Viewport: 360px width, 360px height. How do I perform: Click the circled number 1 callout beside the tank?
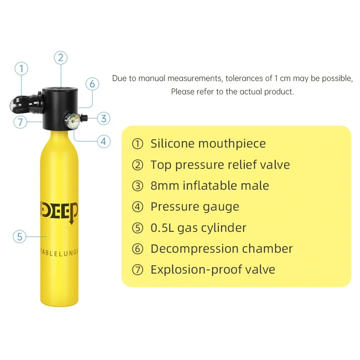pos(21,69)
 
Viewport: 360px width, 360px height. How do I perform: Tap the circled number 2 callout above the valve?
pos(61,58)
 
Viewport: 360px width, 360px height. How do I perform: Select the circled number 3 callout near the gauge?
pos(103,119)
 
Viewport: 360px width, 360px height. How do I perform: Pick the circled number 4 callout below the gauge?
pos(103,141)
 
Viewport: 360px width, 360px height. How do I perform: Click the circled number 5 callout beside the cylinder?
pos(19,236)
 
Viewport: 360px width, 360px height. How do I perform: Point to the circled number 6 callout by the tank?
pos(92,84)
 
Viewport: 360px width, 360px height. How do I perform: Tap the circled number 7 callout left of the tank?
pos(20,121)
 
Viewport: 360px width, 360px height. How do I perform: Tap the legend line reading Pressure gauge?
pos(194,207)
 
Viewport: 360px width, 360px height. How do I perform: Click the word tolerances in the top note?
pos(248,78)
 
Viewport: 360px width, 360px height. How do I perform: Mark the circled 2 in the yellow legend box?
pos(137,165)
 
